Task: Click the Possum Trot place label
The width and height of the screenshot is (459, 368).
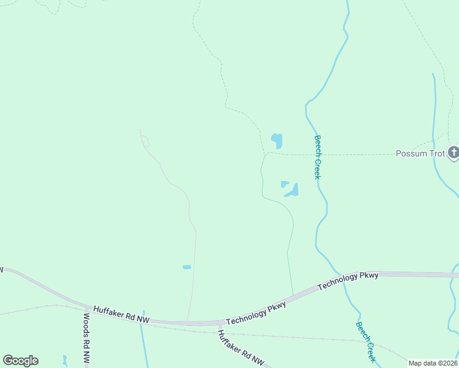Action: [419, 153]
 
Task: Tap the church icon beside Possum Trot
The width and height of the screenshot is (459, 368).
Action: [453, 152]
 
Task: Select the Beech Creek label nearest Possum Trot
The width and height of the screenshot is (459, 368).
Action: [318, 157]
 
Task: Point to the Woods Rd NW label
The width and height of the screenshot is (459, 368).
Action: [87, 338]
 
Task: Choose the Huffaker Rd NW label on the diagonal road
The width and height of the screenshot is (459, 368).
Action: [241, 348]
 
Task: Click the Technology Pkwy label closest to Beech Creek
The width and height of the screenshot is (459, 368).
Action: [349, 281]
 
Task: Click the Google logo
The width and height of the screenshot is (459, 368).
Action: [20, 361]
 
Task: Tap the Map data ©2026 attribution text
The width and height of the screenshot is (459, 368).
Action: [433, 363]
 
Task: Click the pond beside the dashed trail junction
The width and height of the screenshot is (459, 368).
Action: [277, 140]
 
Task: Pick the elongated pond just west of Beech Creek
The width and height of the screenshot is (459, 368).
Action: [291, 191]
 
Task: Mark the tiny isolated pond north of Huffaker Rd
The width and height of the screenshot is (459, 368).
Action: [187, 267]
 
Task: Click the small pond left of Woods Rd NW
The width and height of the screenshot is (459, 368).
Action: [64, 360]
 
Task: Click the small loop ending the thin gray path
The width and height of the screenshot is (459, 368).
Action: [145, 141]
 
